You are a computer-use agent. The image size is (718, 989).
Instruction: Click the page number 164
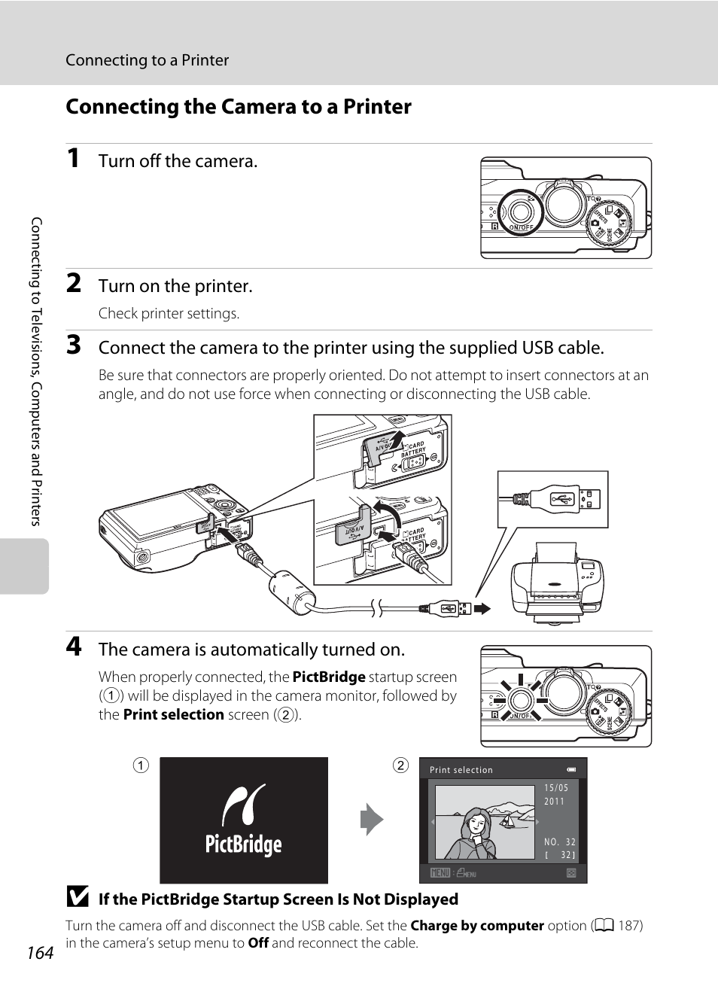[40, 953]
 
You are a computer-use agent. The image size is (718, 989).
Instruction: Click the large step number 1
[73, 158]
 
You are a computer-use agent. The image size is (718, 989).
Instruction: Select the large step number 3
[73, 345]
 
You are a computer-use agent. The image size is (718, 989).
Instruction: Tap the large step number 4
[73, 647]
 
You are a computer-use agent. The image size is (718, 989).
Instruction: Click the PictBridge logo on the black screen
[244, 821]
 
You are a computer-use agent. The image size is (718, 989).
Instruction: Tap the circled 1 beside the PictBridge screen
[141, 765]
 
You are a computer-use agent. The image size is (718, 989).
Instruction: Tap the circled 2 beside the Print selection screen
[400, 765]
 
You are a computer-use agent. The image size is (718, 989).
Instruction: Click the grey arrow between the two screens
[372, 820]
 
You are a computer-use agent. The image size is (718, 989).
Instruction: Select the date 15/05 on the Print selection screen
[556, 788]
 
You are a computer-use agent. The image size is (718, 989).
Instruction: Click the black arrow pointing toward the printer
[482, 607]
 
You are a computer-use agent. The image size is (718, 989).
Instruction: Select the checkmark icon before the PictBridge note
[76, 897]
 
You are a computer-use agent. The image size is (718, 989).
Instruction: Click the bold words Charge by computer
[477, 926]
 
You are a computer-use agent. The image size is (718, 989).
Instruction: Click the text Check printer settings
[169, 314]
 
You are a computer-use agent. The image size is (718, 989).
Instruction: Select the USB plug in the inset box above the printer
[562, 499]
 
